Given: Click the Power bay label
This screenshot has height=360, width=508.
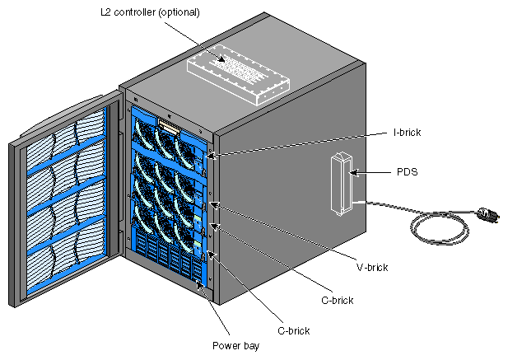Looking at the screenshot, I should pyautogui.click(x=236, y=346).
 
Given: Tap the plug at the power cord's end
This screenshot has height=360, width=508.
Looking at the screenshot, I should pyautogui.click(x=489, y=216).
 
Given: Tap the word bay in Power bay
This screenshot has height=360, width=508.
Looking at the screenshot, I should pyautogui.click(x=251, y=346).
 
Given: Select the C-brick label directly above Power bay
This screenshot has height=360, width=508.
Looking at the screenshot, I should pyautogui.click(x=293, y=330).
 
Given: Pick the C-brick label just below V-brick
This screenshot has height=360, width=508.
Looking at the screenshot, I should pyautogui.click(x=337, y=300).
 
